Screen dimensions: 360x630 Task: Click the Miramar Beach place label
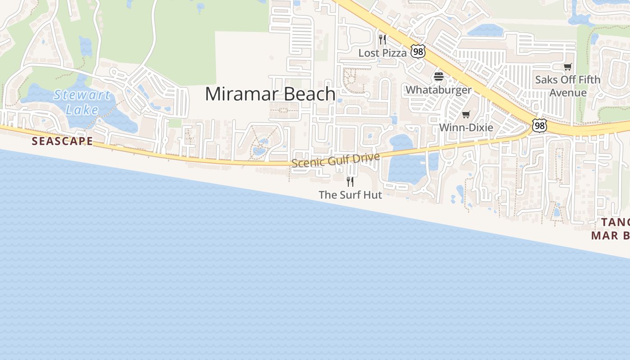click(x=270, y=94)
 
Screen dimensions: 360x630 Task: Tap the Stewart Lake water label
click(x=82, y=102)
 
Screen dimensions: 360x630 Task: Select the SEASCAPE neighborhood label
click(x=62, y=141)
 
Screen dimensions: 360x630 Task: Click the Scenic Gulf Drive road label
click(x=336, y=160)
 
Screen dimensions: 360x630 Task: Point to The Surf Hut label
click(x=350, y=195)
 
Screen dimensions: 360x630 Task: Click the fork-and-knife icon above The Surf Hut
click(x=350, y=182)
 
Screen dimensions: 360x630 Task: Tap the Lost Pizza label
click(x=382, y=53)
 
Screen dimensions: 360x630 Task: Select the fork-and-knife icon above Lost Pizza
click(x=382, y=40)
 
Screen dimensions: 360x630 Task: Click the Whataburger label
click(x=438, y=90)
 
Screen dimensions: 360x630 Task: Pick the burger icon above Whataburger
click(x=439, y=76)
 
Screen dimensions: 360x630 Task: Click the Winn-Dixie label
click(x=466, y=127)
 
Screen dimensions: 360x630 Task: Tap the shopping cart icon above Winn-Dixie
click(x=466, y=114)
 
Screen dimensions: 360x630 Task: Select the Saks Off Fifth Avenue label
click(x=567, y=86)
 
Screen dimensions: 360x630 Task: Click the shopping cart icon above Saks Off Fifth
click(x=568, y=67)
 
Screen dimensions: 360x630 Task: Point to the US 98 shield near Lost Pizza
click(x=418, y=51)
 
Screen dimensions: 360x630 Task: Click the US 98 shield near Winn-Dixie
click(x=539, y=126)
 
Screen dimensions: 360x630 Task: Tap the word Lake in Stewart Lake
click(x=82, y=109)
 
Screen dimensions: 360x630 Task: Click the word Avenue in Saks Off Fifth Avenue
click(x=568, y=93)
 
